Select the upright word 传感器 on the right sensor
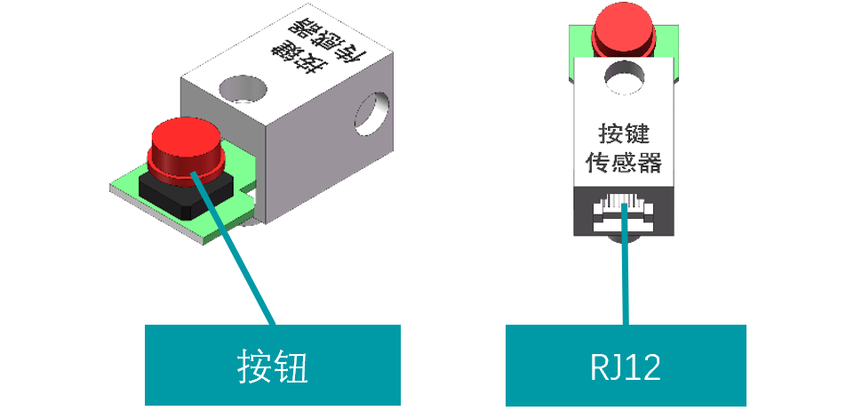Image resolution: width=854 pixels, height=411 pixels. (x=624, y=163)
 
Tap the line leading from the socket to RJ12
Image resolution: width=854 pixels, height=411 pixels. (x=627, y=276)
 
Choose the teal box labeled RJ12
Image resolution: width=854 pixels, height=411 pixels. (x=626, y=366)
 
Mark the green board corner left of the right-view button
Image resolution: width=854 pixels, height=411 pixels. (x=579, y=40)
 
